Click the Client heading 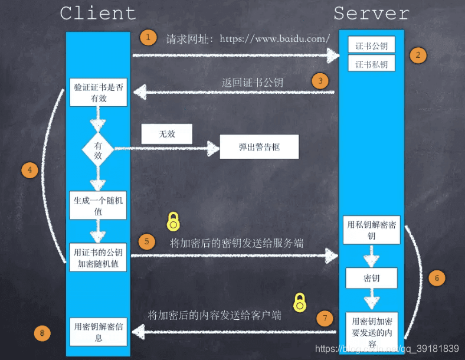click(98, 13)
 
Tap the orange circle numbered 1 click(148, 38)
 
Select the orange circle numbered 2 click(418, 55)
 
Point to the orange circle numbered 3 click(320, 81)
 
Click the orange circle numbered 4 click(30, 171)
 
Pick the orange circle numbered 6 click(437, 278)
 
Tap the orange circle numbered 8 click(41, 333)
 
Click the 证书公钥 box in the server click(371, 45)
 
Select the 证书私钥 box click(371, 64)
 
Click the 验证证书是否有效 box click(99, 93)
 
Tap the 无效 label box click(167, 134)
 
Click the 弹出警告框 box click(259, 146)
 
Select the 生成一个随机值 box click(98, 205)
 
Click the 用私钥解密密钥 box click(371, 230)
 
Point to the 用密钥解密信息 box click(99, 331)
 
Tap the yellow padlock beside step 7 click(300, 302)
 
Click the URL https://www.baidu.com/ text click(275, 39)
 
